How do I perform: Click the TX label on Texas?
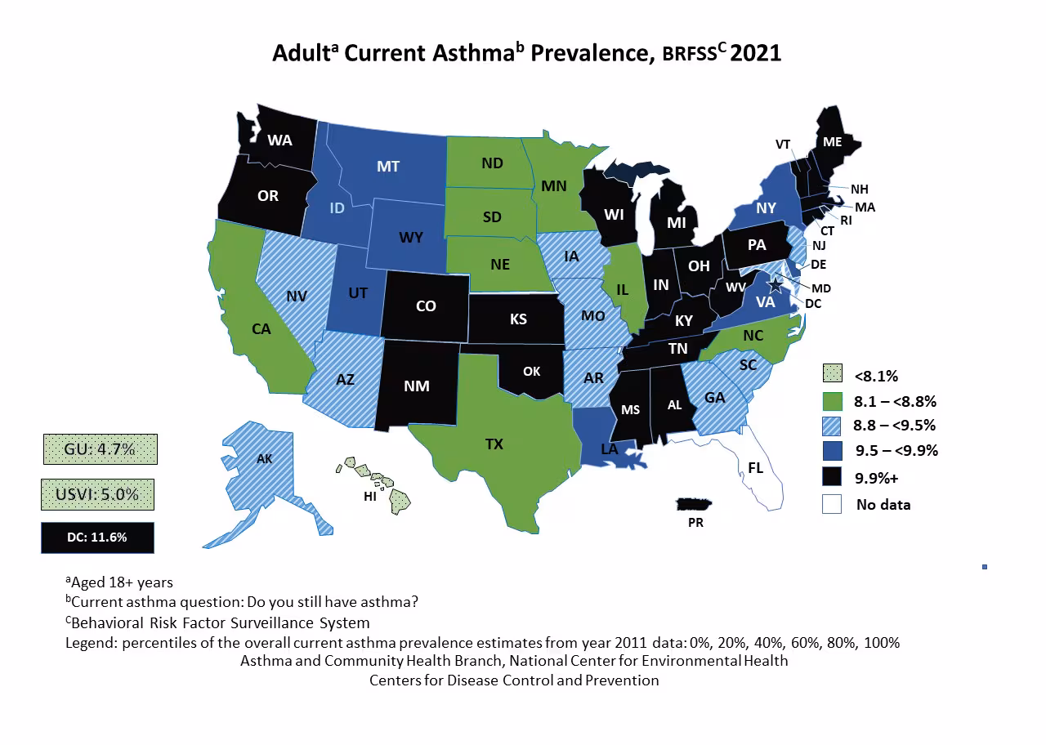click(494, 444)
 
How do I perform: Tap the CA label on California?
click(261, 329)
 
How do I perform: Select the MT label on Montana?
click(388, 167)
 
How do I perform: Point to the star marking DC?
click(774, 285)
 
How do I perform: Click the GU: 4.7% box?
click(99, 449)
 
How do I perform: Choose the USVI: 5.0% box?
click(99, 494)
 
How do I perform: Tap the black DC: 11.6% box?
click(97, 538)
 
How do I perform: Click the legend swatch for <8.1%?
click(832, 375)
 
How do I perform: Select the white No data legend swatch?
click(832, 504)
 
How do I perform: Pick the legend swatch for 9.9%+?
click(832, 477)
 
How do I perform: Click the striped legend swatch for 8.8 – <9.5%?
click(832, 425)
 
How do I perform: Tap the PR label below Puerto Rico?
click(695, 523)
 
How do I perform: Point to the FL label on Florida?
click(756, 467)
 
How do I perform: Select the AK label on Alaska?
click(264, 459)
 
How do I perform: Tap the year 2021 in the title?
click(756, 53)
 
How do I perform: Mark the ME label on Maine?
click(832, 142)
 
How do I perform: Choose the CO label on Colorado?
click(426, 306)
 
